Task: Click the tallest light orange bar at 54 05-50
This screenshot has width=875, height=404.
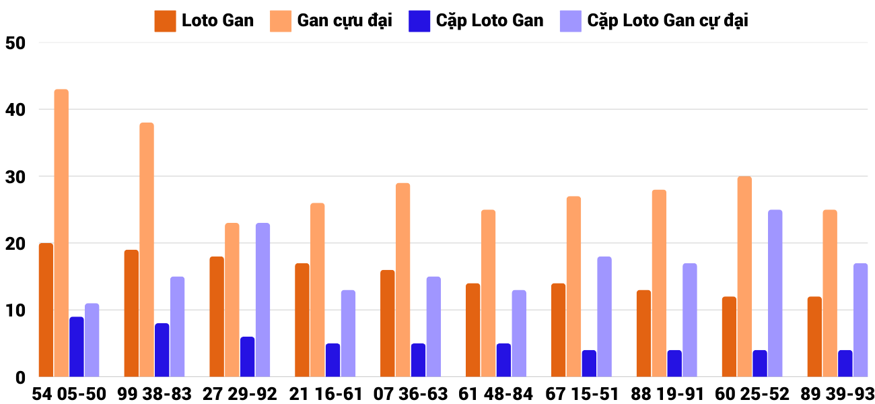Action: pyautogui.click(x=61, y=233)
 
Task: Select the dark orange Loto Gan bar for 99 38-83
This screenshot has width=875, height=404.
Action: pyautogui.click(x=131, y=313)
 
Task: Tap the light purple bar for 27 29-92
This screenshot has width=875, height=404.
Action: pyautogui.click(x=262, y=300)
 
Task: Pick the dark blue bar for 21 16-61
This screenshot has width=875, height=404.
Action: pyautogui.click(x=332, y=360)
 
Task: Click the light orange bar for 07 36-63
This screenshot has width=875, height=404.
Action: pyautogui.click(x=403, y=279)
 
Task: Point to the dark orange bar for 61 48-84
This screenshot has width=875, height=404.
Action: pyautogui.click(x=473, y=330)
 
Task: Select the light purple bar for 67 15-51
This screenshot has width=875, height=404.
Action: pyautogui.click(x=604, y=316)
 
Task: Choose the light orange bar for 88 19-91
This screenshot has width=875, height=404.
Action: pyautogui.click(x=659, y=283)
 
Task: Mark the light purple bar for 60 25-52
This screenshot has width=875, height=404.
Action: pyautogui.click(x=775, y=293)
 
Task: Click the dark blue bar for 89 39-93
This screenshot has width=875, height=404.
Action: pyautogui.click(x=845, y=364)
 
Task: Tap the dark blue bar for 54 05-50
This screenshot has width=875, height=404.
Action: pyautogui.click(x=77, y=347)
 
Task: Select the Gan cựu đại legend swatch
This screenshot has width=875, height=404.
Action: pyautogui.click(x=281, y=21)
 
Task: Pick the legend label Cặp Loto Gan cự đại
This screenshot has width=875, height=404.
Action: pyautogui.click(x=667, y=20)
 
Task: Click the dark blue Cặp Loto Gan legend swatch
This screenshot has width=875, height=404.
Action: pyautogui.click(x=419, y=21)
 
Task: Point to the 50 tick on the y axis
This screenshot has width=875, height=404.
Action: pyautogui.click(x=14, y=43)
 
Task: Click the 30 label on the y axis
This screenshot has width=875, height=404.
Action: pyautogui.click(x=14, y=177)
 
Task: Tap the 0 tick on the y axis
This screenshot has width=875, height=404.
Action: pyautogui.click(x=20, y=378)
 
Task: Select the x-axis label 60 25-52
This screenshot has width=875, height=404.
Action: pyautogui.click(x=751, y=394)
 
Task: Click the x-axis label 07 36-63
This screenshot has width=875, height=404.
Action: pyautogui.click(x=409, y=394)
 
